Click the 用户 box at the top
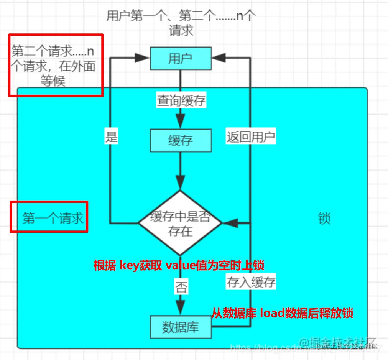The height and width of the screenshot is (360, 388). (x=180, y=58)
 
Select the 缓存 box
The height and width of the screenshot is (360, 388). (x=180, y=140)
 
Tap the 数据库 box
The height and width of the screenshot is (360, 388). (x=180, y=327)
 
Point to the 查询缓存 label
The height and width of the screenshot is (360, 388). (x=181, y=101)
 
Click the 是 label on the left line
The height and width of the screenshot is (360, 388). (x=111, y=137)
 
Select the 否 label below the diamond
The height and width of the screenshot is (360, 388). (x=181, y=287)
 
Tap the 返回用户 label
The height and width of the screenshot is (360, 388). (x=251, y=137)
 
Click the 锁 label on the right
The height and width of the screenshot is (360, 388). (x=324, y=219)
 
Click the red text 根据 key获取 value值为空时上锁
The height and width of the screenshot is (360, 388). (x=179, y=265)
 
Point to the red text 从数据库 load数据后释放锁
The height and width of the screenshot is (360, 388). (x=282, y=313)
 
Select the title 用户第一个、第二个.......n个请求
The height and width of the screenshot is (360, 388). (x=181, y=23)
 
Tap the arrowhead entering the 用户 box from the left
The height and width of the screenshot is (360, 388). (x=143, y=58)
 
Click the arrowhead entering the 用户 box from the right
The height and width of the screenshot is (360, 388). (x=218, y=58)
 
